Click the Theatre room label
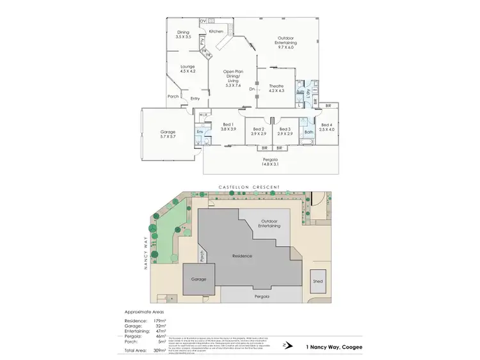point(276,86)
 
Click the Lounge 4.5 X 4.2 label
point(188,68)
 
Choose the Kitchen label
point(216,31)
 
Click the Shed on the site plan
point(317,281)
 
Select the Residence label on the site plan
point(242,256)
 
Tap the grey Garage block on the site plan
point(197,279)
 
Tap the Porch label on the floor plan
point(173,97)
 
